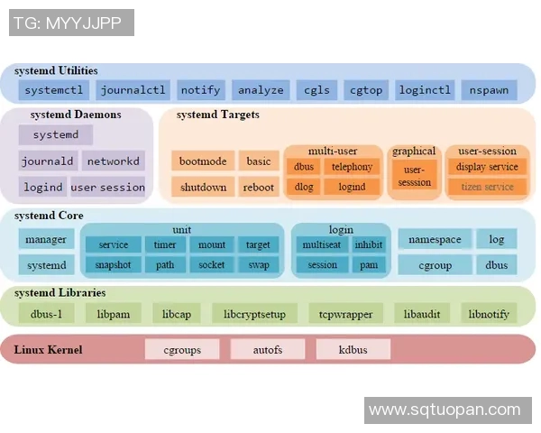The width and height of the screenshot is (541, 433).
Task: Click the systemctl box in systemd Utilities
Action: (x=54, y=90)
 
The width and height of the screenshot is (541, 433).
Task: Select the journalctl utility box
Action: (x=133, y=90)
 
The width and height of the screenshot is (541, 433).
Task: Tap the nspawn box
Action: (x=489, y=90)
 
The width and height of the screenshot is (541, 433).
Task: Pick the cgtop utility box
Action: (x=365, y=90)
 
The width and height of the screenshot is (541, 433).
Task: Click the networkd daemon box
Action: (x=113, y=161)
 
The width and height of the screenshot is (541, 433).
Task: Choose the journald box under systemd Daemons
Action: (x=47, y=161)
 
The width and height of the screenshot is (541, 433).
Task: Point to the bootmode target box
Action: (x=202, y=161)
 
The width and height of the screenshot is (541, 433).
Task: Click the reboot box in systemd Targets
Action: (x=258, y=188)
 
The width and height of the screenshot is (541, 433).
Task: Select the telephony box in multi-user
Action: (x=351, y=167)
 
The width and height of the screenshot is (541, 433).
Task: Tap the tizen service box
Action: (x=487, y=187)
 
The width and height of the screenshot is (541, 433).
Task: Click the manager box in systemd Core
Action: (x=46, y=239)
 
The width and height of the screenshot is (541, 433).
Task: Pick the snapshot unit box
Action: (x=113, y=265)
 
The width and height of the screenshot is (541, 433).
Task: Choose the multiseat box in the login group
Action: (x=321, y=244)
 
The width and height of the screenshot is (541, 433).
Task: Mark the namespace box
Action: (x=435, y=239)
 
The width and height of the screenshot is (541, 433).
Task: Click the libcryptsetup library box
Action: (x=254, y=314)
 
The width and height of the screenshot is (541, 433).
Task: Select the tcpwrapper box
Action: (x=339, y=314)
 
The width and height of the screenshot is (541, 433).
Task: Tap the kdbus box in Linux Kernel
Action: (x=353, y=349)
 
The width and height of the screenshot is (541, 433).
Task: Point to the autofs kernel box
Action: (x=267, y=349)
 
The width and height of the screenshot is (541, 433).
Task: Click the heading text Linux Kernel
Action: (x=48, y=349)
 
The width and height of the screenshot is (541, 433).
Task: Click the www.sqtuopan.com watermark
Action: (x=445, y=410)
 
